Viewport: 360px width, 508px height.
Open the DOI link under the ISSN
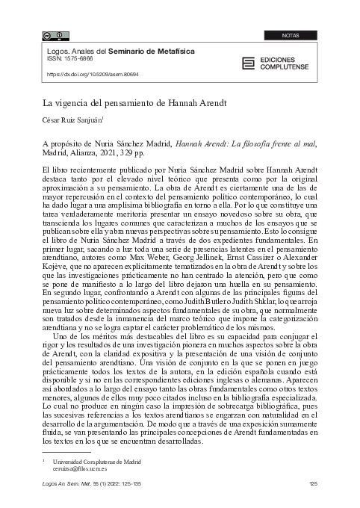93,75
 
